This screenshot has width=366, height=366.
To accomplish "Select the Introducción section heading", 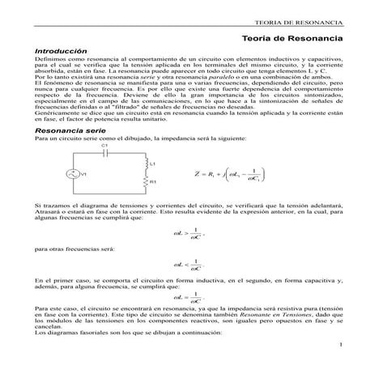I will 60,50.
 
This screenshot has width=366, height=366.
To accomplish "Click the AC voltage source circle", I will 72,196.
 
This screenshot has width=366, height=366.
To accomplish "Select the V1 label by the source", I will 84,196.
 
